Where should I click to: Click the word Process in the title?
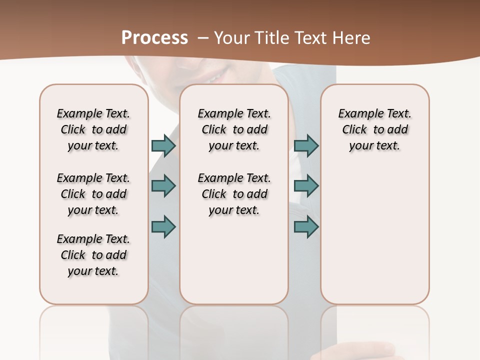coord(154,38)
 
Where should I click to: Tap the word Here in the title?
coord(351,38)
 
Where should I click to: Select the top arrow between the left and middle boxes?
coord(163,145)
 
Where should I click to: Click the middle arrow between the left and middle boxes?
coord(163,186)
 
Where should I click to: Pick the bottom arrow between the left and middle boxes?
coord(163,226)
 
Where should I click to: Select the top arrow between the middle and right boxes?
coord(306,145)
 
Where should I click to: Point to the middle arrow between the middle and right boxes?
coord(306,186)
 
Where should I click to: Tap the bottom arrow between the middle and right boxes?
coord(306,226)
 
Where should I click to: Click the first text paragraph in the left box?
coord(93,129)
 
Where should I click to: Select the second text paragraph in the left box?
coord(93,194)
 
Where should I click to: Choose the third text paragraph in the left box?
coord(93,255)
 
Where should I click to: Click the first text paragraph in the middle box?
coord(234,129)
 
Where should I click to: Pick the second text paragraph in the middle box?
coord(234,194)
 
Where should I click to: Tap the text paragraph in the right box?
coord(374,129)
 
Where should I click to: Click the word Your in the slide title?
coord(231,38)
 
